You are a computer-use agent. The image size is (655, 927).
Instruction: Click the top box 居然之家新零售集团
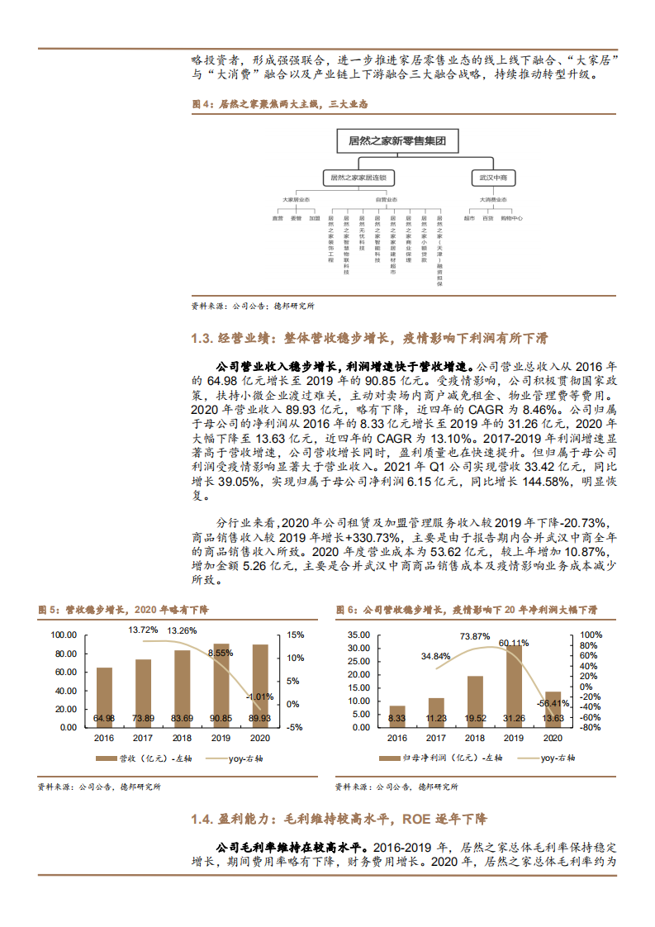tap(397, 142)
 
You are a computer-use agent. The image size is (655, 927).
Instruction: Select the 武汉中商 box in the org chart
tap(494, 178)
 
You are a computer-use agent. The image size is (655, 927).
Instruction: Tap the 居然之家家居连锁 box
tap(358, 178)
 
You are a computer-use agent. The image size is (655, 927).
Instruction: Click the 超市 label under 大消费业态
tap(469, 218)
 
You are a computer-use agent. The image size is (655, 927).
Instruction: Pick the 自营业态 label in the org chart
tap(386, 199)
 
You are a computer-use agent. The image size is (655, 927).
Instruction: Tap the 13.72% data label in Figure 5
tap(143, 630)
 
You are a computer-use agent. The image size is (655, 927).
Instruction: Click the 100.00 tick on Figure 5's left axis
tap(64, 635)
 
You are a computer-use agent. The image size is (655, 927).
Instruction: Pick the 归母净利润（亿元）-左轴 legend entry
tap(429, 758)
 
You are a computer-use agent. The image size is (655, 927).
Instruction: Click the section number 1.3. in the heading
tap(202, 339)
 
